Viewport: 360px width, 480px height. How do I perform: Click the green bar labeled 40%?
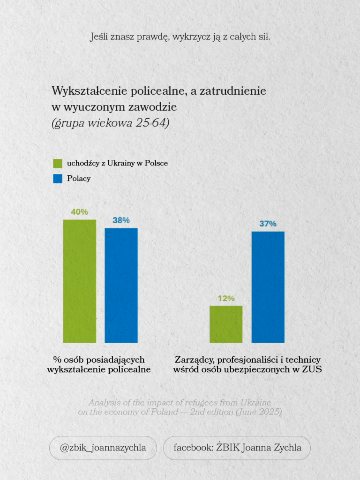coord(80,281)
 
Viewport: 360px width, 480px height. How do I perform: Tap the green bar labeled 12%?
coord(226,324)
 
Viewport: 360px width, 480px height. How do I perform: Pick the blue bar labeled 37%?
coord(268,287)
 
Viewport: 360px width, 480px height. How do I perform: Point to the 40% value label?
coord(80,212)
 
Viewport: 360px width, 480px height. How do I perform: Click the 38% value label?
coord(121,220)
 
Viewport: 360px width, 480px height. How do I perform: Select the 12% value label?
coord(226,298)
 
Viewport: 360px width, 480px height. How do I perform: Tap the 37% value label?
coord(268,224)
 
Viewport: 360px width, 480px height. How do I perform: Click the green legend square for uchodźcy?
coord(58,163)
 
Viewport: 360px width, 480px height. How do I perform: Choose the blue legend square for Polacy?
coord(58,179)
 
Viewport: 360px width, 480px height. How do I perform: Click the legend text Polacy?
coord(79,179)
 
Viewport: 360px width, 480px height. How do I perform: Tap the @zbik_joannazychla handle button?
coord(103,448)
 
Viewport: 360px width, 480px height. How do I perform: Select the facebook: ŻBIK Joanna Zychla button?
coord(237,448)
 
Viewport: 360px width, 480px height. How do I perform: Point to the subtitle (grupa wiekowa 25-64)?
coord(110,123)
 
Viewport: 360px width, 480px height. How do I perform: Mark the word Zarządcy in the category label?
coord(195,360)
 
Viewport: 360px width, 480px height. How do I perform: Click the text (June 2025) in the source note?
coord(259,412)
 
